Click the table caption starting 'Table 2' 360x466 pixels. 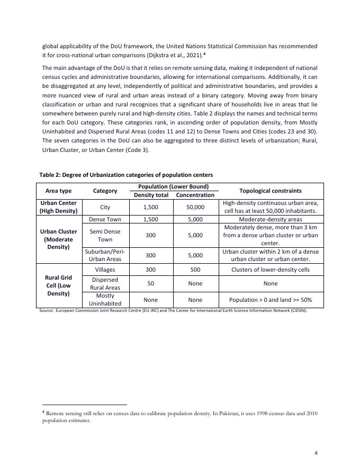126,175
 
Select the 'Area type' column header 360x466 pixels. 58,191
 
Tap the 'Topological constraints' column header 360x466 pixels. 271,191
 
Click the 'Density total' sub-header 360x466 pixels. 150,195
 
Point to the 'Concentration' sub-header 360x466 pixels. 195,195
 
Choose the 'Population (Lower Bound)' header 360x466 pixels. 173,186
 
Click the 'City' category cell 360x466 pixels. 105,207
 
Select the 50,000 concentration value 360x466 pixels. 195,207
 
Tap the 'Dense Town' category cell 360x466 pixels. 105,219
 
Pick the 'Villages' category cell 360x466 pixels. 105,270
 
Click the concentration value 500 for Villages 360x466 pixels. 195,270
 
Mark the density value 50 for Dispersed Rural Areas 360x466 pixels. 150,284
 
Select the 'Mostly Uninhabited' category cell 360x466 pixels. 105,299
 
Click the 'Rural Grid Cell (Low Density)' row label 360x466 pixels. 58,285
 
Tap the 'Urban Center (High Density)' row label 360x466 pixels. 58,207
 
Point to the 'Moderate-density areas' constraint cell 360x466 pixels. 271,219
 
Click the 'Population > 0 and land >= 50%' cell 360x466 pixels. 271,299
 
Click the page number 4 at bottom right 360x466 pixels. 316,453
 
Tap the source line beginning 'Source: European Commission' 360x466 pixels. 173,310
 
